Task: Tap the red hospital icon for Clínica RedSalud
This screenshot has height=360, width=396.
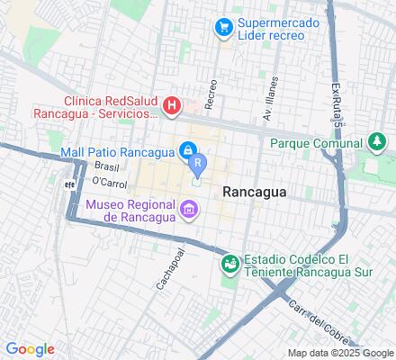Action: coord(173,107)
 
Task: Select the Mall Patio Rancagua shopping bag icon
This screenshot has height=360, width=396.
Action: coord(188,149)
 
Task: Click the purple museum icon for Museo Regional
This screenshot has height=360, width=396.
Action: coord(188,211)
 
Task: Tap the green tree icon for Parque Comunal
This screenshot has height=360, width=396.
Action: coord(377,142)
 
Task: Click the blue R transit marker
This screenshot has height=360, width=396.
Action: coord(198,164)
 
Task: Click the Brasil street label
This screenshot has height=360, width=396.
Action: coord(107,167)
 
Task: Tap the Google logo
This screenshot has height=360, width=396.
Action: coord(30,348)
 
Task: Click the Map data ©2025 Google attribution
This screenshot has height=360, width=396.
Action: coord(338,352)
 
